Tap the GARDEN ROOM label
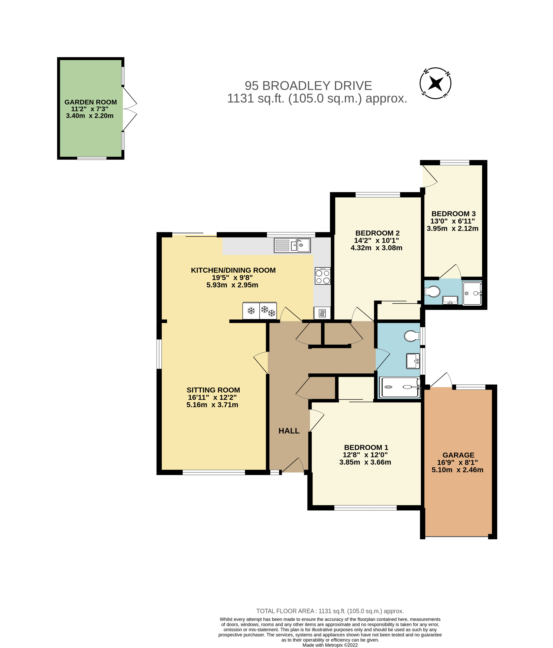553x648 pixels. (91, 102)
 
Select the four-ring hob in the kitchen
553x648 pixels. (323, 276)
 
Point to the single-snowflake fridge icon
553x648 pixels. (251, 310)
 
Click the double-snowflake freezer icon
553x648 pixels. (268, 310)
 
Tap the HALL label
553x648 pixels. (289, 431)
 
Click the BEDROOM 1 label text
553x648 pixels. (366, 448)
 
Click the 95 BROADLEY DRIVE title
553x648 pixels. (308, 86)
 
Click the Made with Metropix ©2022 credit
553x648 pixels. (330, 645)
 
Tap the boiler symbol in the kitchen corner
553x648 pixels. (322, 313)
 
